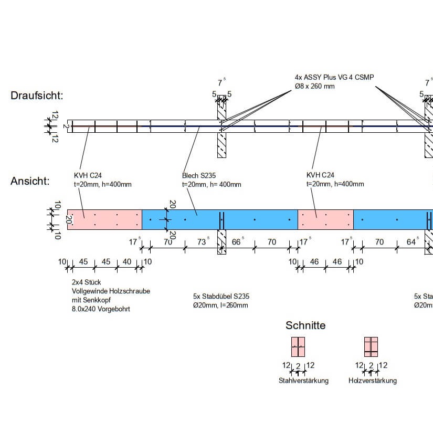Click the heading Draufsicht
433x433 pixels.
pos(37,96)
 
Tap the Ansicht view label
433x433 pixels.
pos(30,182)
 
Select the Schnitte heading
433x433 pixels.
pos(305,325)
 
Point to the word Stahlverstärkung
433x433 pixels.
pos(303,381)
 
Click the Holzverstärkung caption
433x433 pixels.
pos(373,381)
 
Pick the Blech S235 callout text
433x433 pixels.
pos(199,175)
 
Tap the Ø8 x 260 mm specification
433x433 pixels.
pos(315,86)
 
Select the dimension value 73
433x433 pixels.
pos(202,242)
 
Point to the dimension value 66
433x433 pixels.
pos(237,242)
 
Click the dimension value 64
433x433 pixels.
pos(411,242)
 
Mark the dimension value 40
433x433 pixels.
pos(126,262)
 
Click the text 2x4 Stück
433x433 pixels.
pos(87,282)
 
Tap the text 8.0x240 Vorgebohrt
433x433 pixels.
pos(101,309)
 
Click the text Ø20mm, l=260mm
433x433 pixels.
pos(220,305)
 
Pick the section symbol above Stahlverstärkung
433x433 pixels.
pos(298,347)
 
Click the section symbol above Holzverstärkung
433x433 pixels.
pos(371,347)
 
